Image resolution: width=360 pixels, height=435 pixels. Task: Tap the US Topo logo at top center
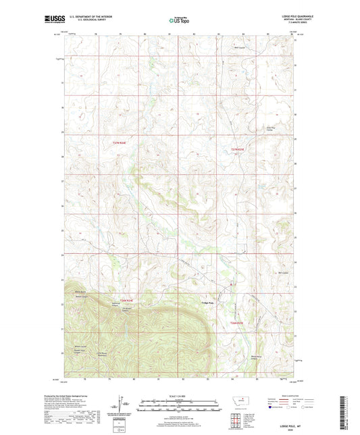click(179, 21)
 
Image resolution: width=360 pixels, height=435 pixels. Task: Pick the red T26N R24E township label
click(128, 300)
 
